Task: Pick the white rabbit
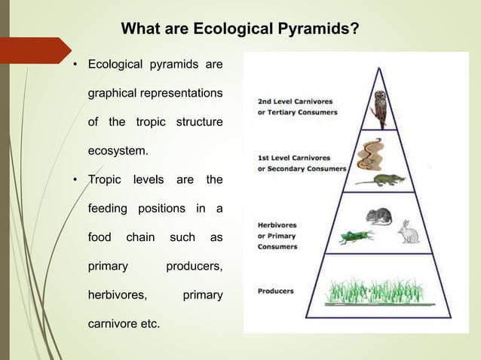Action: pos(409,231)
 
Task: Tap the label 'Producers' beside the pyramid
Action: pos(276,291)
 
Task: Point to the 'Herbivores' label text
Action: pos(277,224)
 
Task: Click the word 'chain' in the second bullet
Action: pos(140,237)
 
